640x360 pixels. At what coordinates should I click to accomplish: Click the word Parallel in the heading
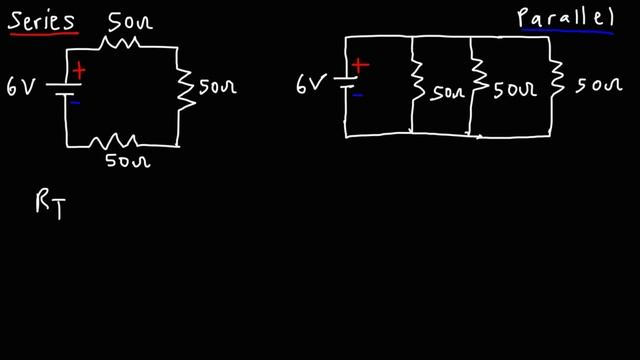pyautogui.click(x=563, y=17)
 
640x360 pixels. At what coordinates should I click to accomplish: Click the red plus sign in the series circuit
pyautogui.click(x=78, y=71)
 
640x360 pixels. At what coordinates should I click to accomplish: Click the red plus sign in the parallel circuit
pyautogui.click(x=361, y=66)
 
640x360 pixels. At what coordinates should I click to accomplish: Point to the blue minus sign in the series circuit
pyautogui.click(x=76, y=102)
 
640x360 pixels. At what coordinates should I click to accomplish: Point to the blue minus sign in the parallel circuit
pyautogui.click(x=357, y=96)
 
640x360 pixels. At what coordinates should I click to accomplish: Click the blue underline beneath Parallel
pyautogui.click(x=565, y=33)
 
